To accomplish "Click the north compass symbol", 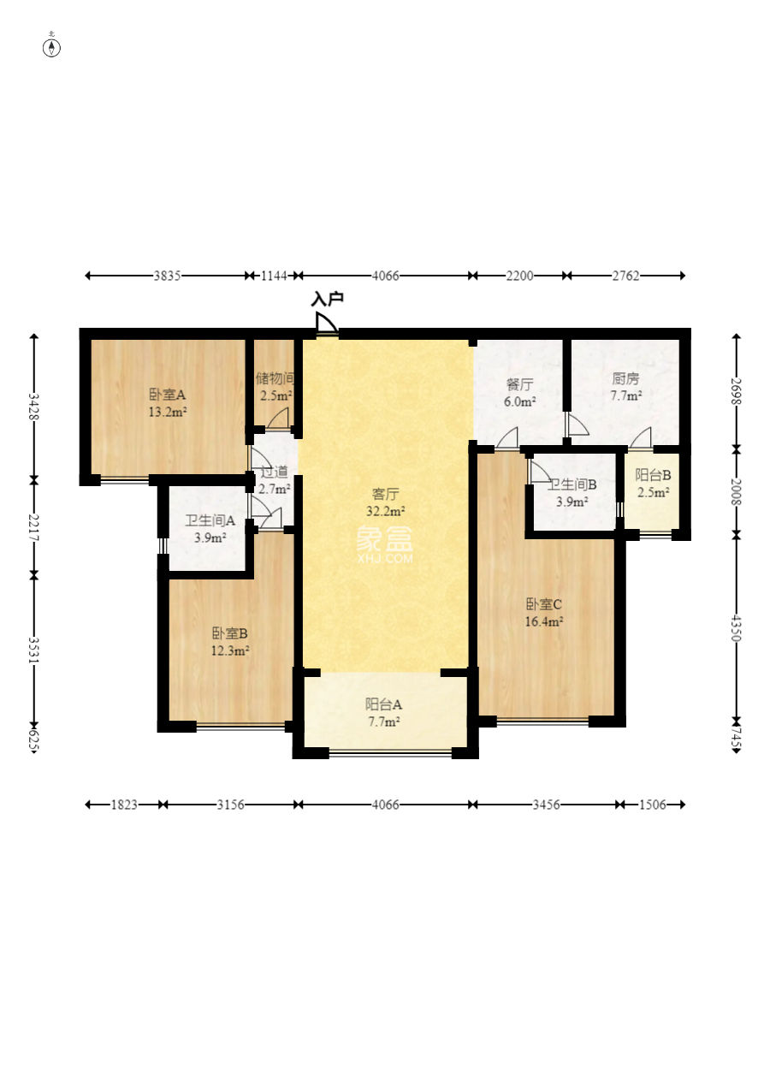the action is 51,46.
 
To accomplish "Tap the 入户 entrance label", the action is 327,300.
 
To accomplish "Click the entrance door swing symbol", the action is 326,323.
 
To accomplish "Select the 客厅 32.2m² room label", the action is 385,502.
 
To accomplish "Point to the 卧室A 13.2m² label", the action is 168,403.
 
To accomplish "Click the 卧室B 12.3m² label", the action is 230,642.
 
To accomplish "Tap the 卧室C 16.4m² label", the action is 544,613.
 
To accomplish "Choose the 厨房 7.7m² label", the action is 626,387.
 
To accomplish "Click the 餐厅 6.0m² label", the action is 519,393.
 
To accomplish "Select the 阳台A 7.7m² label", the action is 384,712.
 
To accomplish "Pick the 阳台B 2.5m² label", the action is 653,484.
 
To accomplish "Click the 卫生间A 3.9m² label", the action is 210,529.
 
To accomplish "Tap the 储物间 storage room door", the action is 277,419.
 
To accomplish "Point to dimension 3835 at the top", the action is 168,276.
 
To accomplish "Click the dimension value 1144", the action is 274,276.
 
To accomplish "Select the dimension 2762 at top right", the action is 626,276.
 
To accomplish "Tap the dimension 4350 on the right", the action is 737,628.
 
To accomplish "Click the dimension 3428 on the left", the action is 33,406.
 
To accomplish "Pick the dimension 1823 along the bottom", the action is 124,805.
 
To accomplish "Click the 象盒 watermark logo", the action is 385,544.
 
